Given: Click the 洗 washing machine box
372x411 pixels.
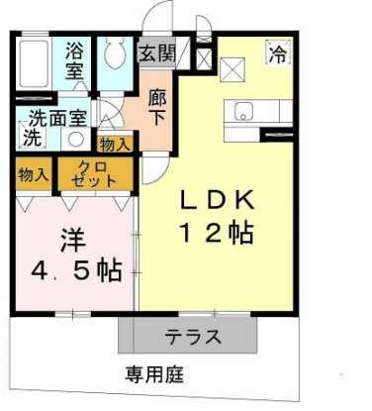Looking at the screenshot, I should [33, 136].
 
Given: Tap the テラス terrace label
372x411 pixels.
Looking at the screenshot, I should [192, 337].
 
